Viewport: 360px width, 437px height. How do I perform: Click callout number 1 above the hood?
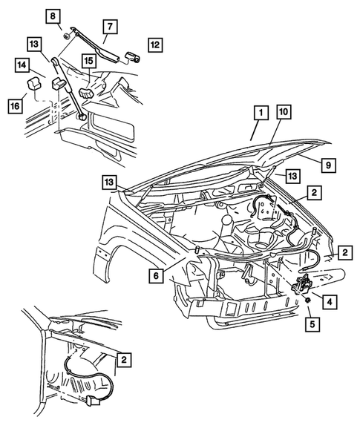coord(260,113)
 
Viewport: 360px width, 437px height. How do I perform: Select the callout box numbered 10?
coord(286,113)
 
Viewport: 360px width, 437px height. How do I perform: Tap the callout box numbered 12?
coord(154,44)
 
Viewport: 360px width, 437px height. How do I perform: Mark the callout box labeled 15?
coord(88,59)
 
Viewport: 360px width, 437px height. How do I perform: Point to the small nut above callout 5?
coord(307,303)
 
